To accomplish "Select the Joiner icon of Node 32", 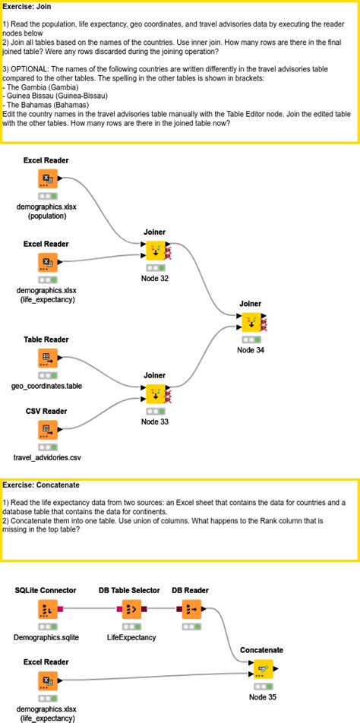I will click(x=155, y=250).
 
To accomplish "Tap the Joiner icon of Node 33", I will click(x=155, y=394).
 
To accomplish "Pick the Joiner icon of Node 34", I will click(x=250, y=322).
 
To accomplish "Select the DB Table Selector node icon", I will click(x=130, y=608).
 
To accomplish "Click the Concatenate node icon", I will click(x=261, y=668).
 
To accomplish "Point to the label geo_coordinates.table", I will click(x=47, y=386).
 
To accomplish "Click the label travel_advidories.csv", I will click(x=47, y=458).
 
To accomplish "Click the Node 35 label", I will click(x=262, y=696).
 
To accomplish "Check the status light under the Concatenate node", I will click(x=261, y=685).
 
